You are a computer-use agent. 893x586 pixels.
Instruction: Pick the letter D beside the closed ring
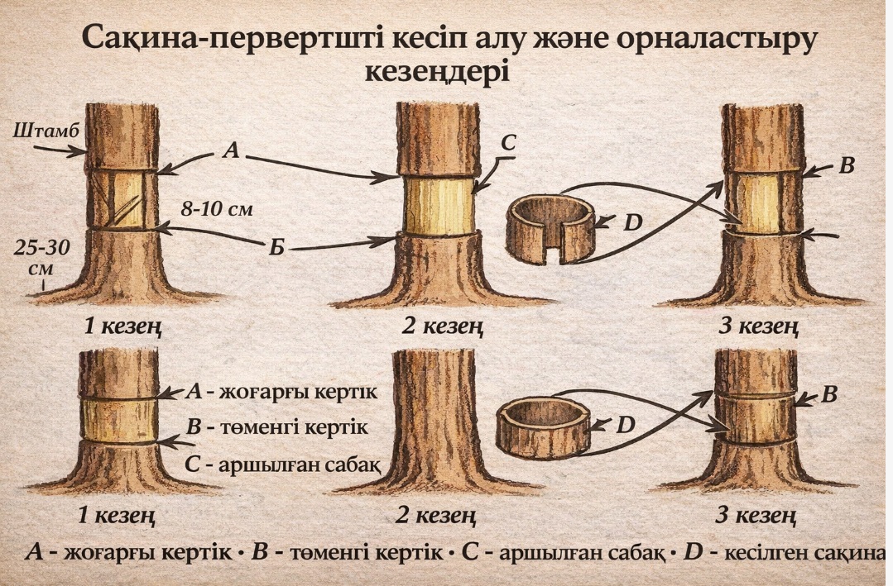(627, 425)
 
